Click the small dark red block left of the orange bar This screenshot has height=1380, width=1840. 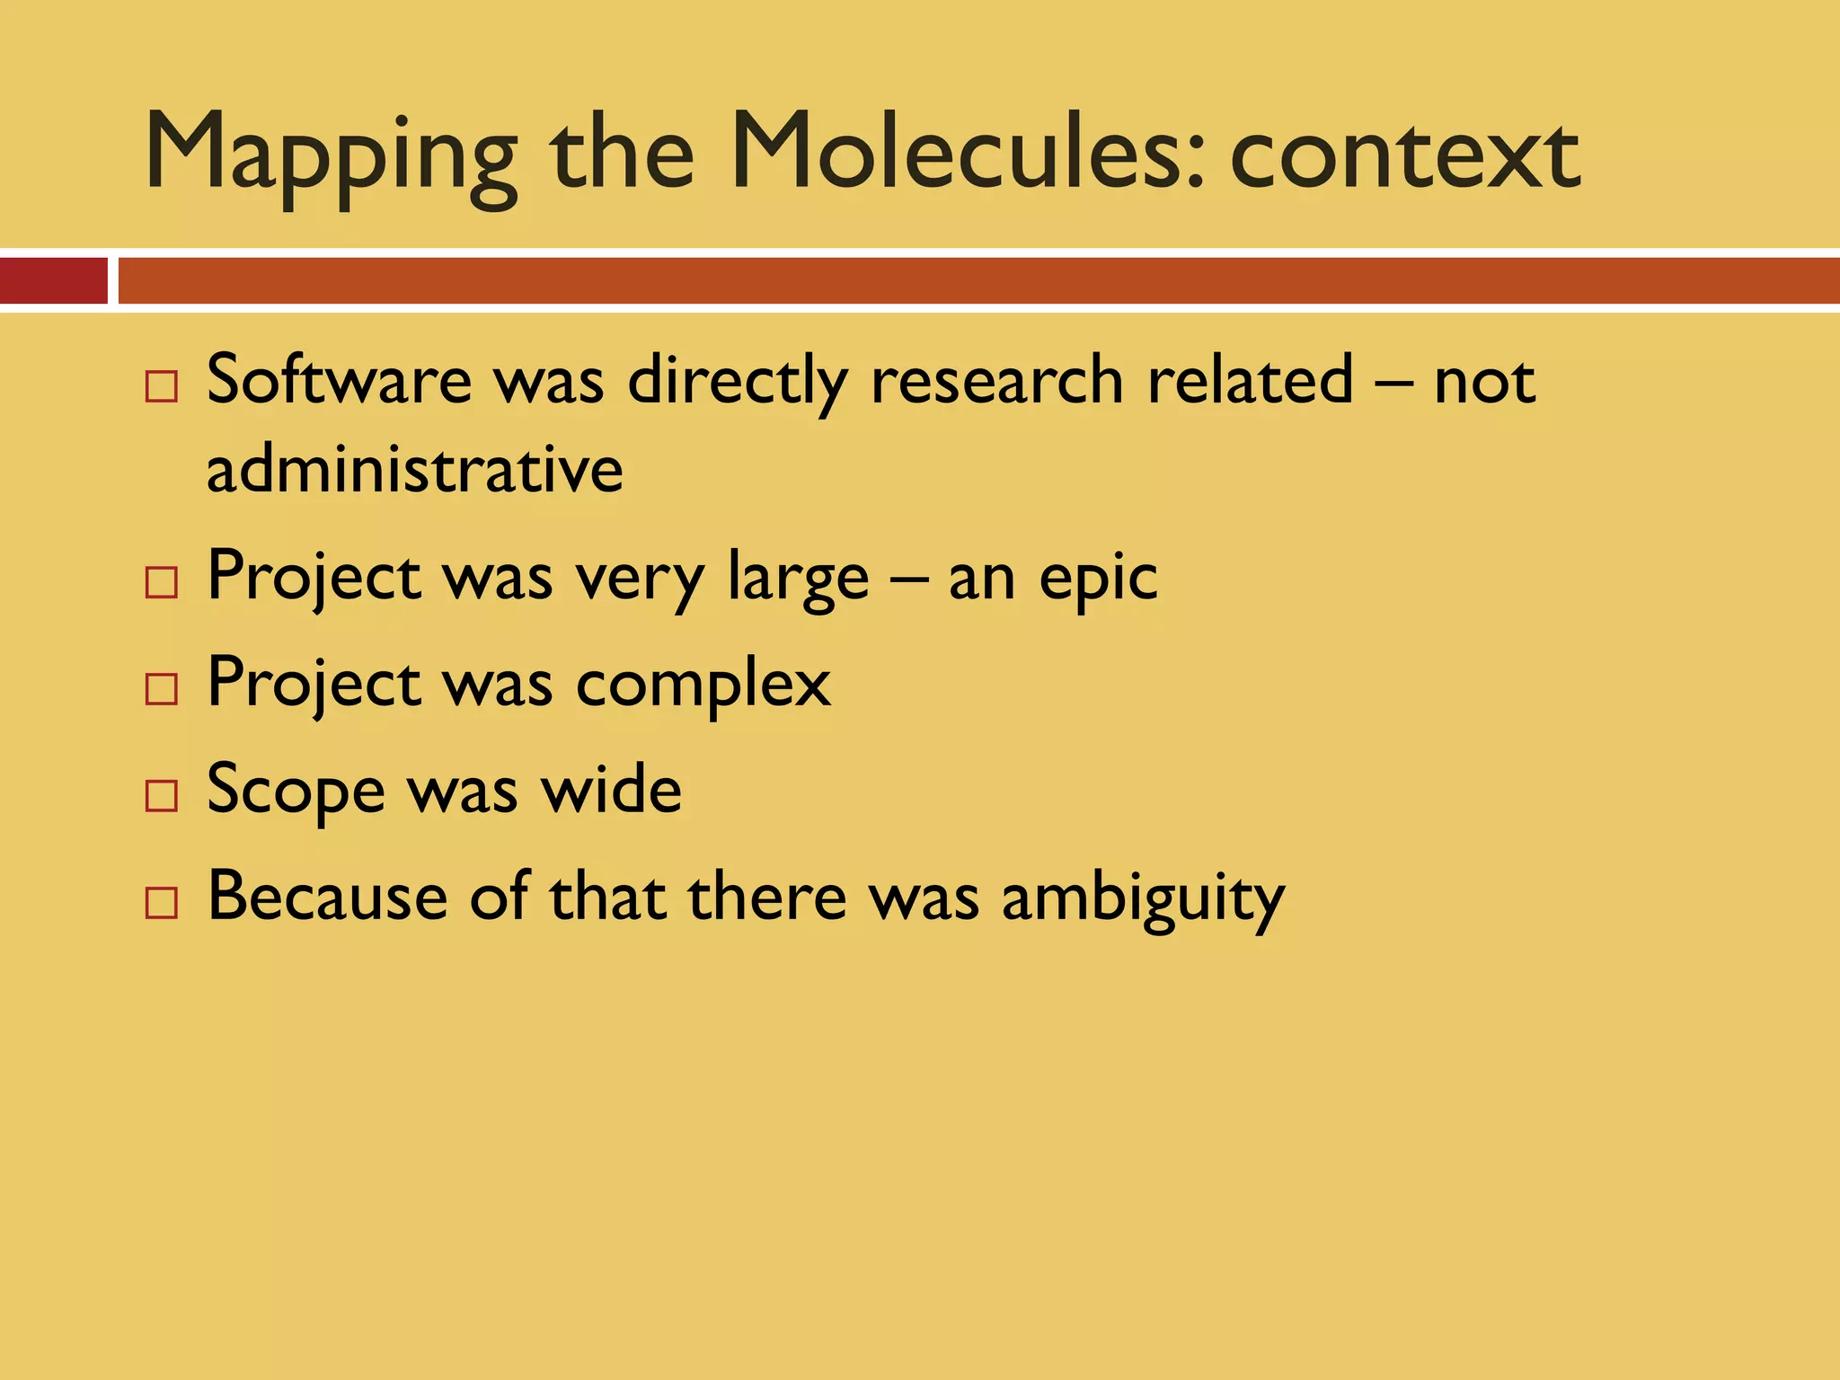click(x=53, y=280)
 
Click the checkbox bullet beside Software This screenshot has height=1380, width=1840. click(x=162, y=387)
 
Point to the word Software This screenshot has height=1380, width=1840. click(x=339, y=380)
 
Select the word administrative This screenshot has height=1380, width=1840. click(x=414, y=469)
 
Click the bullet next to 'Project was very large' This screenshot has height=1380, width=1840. click(x=162, y=583)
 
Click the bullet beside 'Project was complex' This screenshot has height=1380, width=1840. click(x=162, y=689)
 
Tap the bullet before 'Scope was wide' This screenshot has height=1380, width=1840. click(x=162, y=796)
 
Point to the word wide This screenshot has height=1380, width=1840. click(x=610, y=790)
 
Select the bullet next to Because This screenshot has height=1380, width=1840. click(x=162, y=902)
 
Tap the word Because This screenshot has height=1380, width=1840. click(x=327, y=896)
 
